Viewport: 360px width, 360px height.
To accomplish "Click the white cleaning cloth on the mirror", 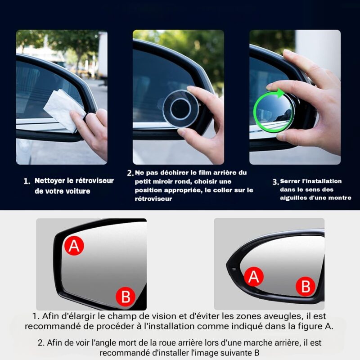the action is pyautogui.click(x=64, y=110).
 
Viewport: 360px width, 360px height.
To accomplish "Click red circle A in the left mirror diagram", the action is pyautogui.click(x=74, y=245).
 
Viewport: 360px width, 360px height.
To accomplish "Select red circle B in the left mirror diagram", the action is pyautogui.click(x=126, y=296).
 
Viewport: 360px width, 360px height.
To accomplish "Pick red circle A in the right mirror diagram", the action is pyautogui.click(x=253, y=276).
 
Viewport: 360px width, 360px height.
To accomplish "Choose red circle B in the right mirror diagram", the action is pyautogui.click(x=306, y=286).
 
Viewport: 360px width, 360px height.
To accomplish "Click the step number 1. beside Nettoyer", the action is pyautogui.click(x=27, y=181).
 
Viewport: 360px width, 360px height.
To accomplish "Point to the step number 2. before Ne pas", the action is pyautogui.click(x=130, y=173).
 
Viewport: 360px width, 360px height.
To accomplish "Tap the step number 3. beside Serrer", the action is pyautogui.click(x=275, y=182).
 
